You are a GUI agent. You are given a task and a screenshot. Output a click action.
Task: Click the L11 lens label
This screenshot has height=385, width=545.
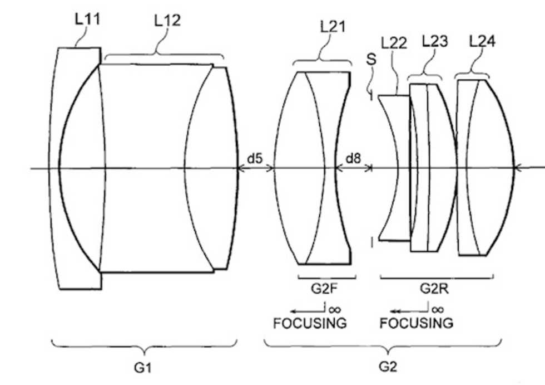click(x=87, y=19)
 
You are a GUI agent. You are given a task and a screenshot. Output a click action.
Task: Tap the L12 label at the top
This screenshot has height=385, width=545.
click(x=167, y=21)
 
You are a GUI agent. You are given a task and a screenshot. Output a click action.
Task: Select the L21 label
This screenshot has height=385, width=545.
click(x=333, y=26)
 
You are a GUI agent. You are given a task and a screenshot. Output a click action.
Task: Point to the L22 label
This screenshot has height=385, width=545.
click(x=394, y=43)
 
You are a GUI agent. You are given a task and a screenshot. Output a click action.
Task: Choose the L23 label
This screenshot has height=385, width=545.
click(x=435, y=41)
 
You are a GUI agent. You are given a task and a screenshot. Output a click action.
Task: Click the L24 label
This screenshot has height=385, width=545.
click(x=482, y=41)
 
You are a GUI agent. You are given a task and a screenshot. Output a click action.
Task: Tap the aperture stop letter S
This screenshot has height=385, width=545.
click(x=371, y=59)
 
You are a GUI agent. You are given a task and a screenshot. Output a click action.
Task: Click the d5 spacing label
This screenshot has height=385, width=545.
click(x=255, y=158)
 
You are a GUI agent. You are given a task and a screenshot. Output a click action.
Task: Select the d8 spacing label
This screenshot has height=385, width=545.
click(x=353, y=158)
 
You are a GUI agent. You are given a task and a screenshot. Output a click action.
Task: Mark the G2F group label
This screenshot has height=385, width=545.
click(x=324, y=289)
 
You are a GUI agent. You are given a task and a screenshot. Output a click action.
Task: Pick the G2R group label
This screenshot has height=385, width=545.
click(x=434, y=289)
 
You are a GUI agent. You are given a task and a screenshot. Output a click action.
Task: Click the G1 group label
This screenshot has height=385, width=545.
click(x=143, y=368)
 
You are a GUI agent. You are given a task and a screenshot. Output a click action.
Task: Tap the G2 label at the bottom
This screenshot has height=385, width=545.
click(x=388, y=367)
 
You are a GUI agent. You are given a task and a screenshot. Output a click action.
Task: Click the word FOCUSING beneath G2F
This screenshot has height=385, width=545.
click(x=310, y=323)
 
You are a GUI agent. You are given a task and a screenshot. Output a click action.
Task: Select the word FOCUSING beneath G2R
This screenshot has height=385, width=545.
click(x=417, y=323)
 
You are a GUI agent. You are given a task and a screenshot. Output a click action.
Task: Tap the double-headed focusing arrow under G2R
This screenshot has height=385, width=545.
click(x=409, y=310)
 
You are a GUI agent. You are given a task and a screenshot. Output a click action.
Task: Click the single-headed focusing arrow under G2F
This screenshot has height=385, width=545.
click(x=308, y=310)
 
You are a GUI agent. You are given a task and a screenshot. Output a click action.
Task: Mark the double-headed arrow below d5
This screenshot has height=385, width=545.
click(x=255, y=169)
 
